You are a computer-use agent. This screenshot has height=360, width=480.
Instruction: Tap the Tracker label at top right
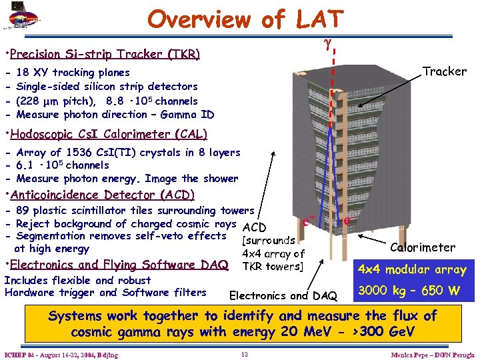click(x=445, y=71)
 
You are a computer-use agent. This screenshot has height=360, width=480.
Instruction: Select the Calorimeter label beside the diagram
click(x=423, y=247)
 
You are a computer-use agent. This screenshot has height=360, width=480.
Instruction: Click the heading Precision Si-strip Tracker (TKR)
click(x=104, y=53)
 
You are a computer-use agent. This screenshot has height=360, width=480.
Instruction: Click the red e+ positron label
click(x=309, y=218)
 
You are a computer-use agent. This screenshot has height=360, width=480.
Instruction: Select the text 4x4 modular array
click(x=411, y=270)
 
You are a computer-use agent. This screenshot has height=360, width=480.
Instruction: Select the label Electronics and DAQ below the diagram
click(x=283, y=295)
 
